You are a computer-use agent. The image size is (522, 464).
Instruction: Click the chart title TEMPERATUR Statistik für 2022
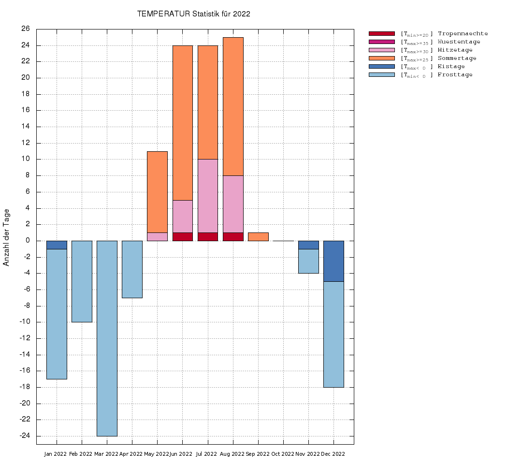(193, 14)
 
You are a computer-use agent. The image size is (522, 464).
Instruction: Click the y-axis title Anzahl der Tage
(6, 237)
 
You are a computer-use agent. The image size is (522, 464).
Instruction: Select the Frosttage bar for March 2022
(107, 338)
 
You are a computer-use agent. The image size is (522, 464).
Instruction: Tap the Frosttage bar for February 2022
(82, 281)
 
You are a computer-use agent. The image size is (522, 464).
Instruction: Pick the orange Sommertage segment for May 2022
(157, 192)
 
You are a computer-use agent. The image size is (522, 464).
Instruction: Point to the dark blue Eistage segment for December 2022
(333, 261)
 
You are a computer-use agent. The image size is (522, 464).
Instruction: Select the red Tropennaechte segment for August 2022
(233, 236)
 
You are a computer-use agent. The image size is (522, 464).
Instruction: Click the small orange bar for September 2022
(258, 236)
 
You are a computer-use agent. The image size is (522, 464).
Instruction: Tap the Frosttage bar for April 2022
(132, 269)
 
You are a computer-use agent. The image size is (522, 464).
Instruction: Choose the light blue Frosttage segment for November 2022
(308, 261)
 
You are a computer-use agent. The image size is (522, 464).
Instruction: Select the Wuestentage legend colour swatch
(382, 42)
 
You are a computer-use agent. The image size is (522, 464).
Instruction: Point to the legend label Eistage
(451, 66)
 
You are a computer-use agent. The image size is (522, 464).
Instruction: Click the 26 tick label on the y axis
(26, 29)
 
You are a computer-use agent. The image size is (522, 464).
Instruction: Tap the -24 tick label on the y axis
(24, 436)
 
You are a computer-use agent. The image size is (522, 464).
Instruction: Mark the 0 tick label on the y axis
(28, 241)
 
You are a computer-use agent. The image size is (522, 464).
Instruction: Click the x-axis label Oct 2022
(283, 454)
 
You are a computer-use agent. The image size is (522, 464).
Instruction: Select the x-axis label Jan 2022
(56, 454)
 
